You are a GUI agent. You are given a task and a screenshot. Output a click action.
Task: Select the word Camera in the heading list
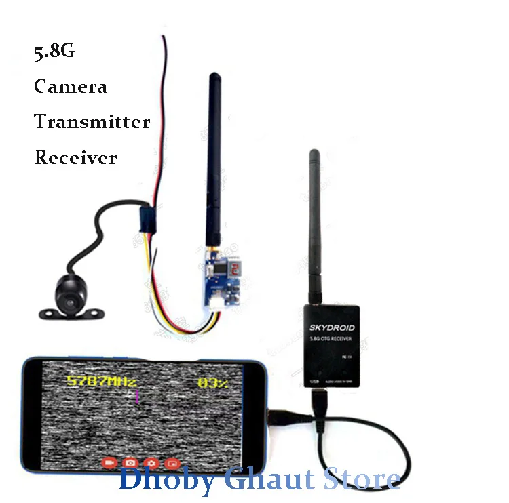(x=71, y=87)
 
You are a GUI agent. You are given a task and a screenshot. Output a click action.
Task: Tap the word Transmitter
(x=92, y=122)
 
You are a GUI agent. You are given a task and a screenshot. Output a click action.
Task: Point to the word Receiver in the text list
(x=75, y=158)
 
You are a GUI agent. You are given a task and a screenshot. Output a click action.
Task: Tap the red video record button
(x=109, y=463)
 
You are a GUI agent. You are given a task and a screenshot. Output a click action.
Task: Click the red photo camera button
(x=130, y=463)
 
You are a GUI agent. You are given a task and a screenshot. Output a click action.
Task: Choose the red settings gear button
(x=152, y=463)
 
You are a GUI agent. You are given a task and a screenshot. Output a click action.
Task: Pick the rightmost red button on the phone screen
(x=174, y=463)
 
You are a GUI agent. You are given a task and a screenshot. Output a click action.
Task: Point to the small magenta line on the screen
(x=138, y=396)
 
